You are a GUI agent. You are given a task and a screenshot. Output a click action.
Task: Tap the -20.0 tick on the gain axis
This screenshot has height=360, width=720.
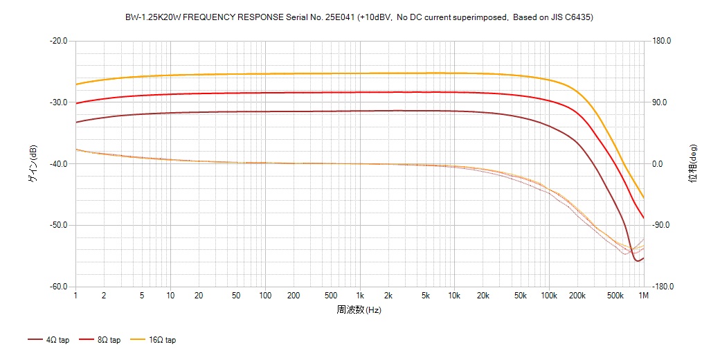pos(58,41)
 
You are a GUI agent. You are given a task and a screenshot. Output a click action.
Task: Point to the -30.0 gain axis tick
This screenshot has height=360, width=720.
pos(58,102)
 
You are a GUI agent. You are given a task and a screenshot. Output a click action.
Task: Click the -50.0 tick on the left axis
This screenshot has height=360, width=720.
pos(58,225)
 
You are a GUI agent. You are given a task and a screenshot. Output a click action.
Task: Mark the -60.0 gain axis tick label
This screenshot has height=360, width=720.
pos(58,287)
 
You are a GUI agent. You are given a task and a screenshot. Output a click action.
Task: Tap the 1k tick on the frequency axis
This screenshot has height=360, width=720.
pos(359,296)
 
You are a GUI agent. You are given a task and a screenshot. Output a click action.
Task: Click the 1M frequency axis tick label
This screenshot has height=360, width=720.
pos(643,296)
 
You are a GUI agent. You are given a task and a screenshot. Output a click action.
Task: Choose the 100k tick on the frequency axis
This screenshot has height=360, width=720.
pos(549,296)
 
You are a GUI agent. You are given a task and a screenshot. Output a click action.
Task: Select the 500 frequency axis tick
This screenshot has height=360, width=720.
pos(331,296)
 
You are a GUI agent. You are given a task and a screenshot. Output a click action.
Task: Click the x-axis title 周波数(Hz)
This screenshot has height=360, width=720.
pos(359,309)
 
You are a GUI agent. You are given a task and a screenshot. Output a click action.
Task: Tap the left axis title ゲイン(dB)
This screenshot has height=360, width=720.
pos(33,163)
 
